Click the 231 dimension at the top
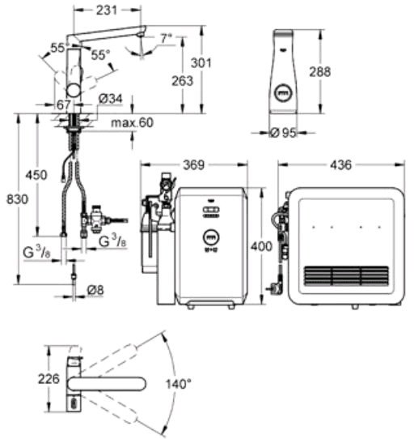[107, 11]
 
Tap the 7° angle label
[166, 38]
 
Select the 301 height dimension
[201, 63]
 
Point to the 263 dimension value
[182, 81]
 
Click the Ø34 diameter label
[111, 99]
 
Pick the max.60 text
[132, 122]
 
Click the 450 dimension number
[36, 175]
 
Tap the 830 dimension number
[17, 199]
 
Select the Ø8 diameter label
[95, 290]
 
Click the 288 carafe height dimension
[319, 72]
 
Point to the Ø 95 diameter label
[283, 133]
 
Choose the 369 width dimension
[194, 165]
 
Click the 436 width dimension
[340, 165]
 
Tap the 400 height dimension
[261, 247]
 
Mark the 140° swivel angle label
[179, 384]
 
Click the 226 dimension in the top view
[49, 379]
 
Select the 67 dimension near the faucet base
[63, 105]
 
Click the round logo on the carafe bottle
[283, 92]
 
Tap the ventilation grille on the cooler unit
[346, 275]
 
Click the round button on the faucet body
[74, 91]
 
